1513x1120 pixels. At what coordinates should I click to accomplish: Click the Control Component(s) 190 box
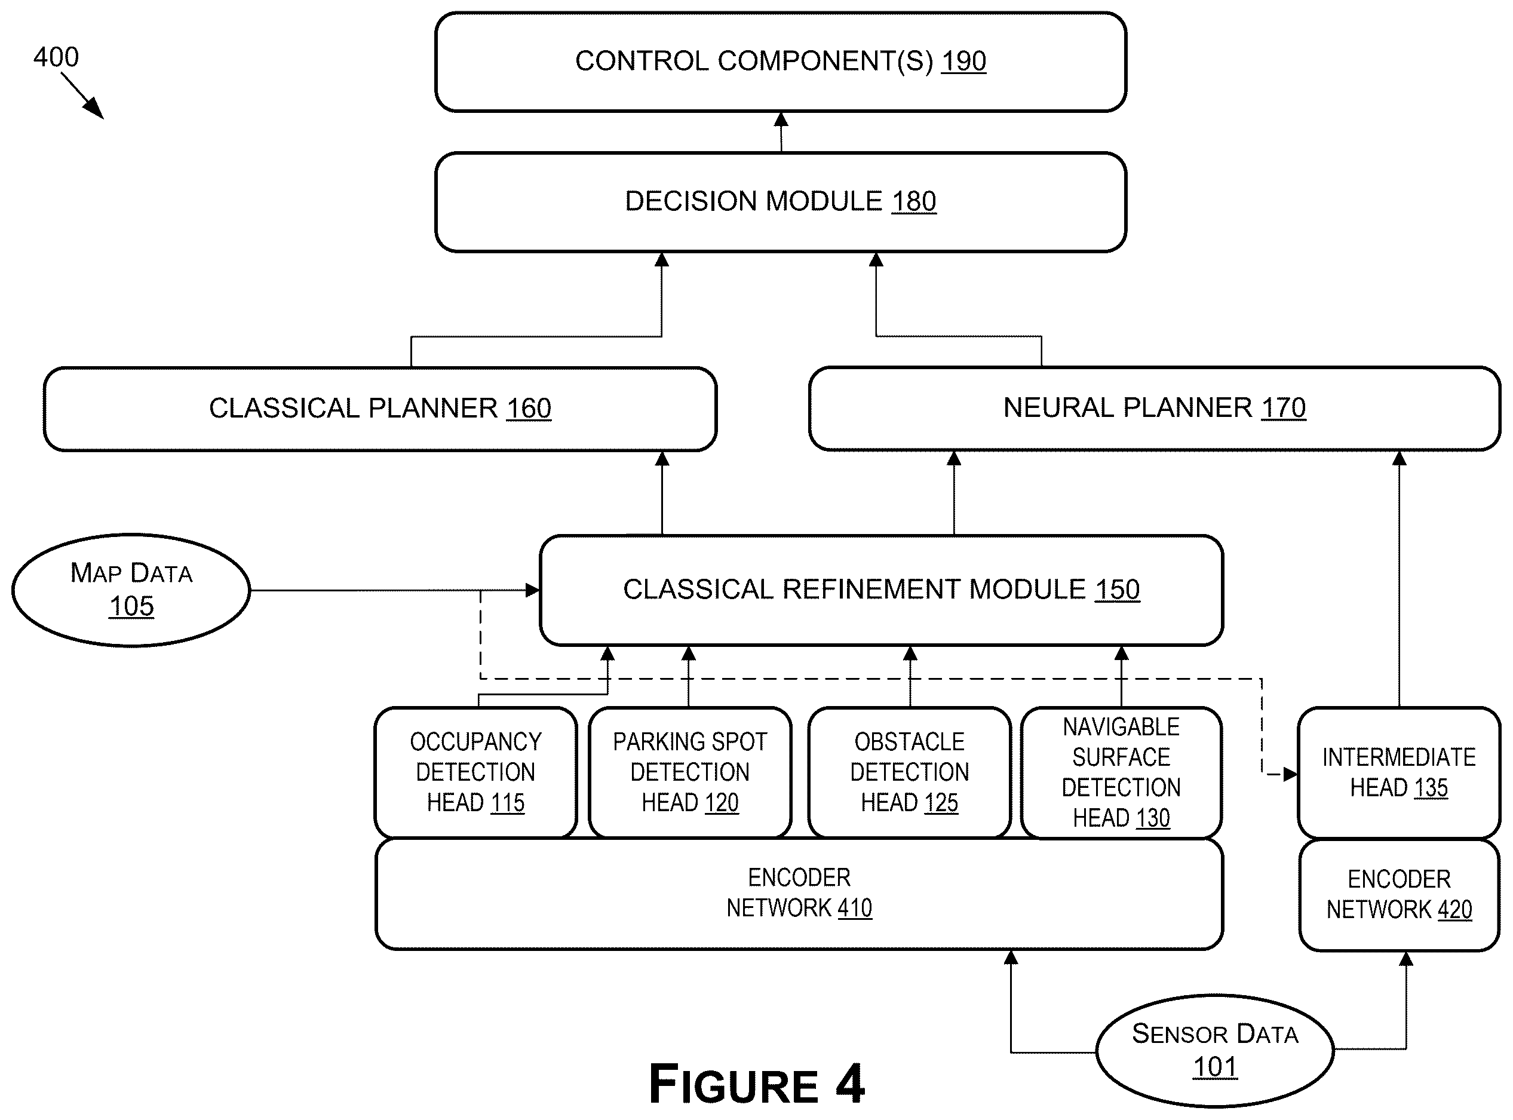click(780, 62)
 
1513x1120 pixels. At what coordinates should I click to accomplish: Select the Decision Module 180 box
click(780, 202)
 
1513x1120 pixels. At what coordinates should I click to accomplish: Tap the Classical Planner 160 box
click(380, 409)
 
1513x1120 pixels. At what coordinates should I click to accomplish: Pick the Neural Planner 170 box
click(1155, 408)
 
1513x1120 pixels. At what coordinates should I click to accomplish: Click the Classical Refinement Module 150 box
click(881, 590)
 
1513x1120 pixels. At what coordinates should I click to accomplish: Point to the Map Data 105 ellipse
click(131, 590)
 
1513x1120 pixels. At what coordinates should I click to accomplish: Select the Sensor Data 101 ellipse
click(1215, 1050)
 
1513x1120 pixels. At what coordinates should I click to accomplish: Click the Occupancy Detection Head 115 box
click(476, 772)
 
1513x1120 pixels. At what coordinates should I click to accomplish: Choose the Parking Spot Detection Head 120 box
click(690, 772)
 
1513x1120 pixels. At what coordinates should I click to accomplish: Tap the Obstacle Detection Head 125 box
click(910, 772)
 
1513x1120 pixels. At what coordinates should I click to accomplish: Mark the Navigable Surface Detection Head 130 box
click(1121, 772)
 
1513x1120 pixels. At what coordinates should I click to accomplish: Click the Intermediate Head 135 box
click(1399, 772)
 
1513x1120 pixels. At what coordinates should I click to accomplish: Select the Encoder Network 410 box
click(799, 894)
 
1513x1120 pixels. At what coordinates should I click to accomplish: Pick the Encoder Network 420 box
click(1399, 895)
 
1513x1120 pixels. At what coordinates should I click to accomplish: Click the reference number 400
click(56, 57)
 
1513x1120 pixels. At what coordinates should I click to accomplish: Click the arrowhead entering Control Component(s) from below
click(781, 119)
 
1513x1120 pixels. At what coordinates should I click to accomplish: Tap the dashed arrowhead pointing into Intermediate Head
click(1290, 774)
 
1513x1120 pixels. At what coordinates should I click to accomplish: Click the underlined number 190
click(963, 61)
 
